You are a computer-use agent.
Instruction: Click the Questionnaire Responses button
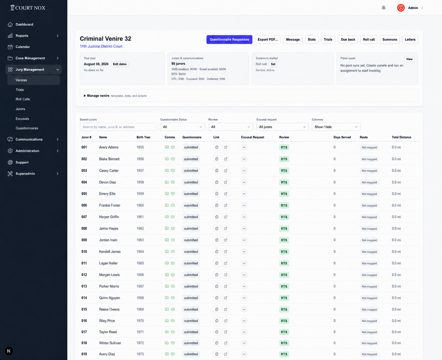pyautogui.click(x=229, y=39)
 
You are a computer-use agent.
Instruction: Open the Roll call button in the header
pyautogui.click(x=369, y=39)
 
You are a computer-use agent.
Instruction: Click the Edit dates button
pyautogui.click(x=120, y=64)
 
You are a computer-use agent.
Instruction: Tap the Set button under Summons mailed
pyautogui.click(x=273, y=64)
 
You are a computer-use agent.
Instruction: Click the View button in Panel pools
pyautogui.click(x=409, y=59)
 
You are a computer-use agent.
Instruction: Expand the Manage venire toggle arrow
pyautogui.click(x=85, y=96)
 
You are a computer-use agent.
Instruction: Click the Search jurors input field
pyautogui.click(x=118, y=127)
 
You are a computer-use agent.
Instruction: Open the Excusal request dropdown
pyautogui.click(x=282, y=127)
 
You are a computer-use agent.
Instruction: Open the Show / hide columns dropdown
pyautogui.click(x=336, y=127)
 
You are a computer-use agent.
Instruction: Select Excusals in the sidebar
pyautogui.click(x=22, y=119)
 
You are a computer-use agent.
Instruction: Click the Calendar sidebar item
pyautogui.click(x=23, y=47)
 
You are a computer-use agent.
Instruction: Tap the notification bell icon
pyautogui.click(x=383, y=8)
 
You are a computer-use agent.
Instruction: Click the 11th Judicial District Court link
pyautogui.click(x=101, y=46)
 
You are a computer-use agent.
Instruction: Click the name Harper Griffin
pyautogui.click(x=109, y=217)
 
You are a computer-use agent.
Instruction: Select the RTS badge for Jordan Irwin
pyautogui.click(x=284, y=240)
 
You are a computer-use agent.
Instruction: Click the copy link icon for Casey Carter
pyautogui.click(x=217, y=170)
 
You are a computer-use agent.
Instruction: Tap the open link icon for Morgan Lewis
pyautogui.click(x=225, y=275)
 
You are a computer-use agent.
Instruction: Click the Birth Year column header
pyautogui.click(x=143, y=137)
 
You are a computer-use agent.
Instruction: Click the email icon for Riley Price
pyautogui.click(x=173, y=321)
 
